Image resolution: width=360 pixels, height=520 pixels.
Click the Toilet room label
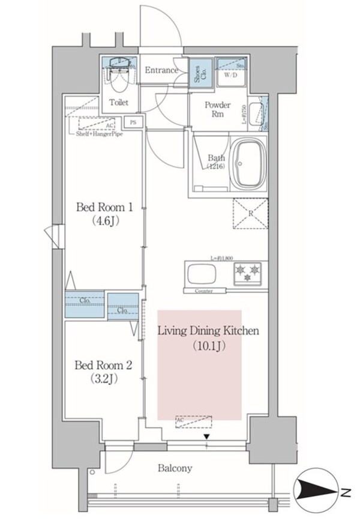119,103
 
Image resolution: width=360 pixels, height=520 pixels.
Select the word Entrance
161,70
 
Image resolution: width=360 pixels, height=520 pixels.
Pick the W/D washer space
230,74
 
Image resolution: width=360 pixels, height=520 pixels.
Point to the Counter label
204,291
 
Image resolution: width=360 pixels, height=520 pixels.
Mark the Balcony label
175,468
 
